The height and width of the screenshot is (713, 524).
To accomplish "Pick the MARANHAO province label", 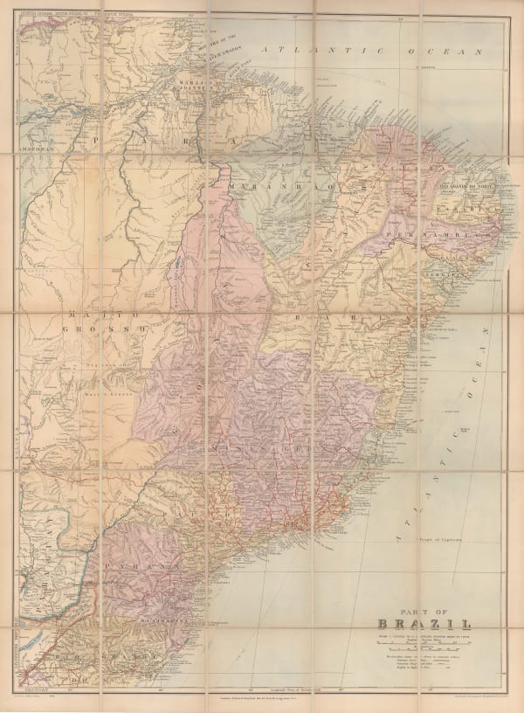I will tap(271, 188).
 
